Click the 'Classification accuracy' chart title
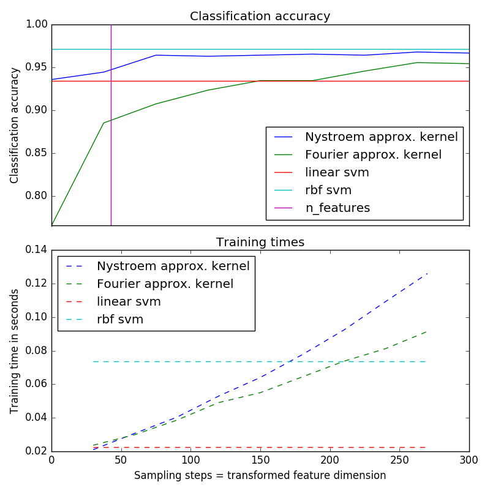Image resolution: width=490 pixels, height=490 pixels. pyautogui.click(x=260, y=17)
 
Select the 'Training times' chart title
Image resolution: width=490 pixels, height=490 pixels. pyautogui.click(x=260, y=242)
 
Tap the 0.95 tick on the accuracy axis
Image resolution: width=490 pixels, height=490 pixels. pyautogui.click(x=36, y=67)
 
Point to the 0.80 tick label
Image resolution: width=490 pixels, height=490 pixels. pyautogui.click(x=36, y=197)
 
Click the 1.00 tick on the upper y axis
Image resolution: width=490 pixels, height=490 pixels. pyautogui.click(x=36, y=24)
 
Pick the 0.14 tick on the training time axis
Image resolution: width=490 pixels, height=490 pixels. pyautogui.click(x=36, y=250)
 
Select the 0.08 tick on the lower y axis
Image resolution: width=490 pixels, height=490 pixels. pyautogui.click(x=36, y=351)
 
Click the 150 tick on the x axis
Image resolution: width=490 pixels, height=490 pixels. pyautogui.click(x=260, y=460)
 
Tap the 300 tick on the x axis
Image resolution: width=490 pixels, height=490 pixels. pyautogui.click(x=469, y=460)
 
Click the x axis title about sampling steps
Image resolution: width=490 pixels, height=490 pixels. pyautogui.click(x=260, y=475)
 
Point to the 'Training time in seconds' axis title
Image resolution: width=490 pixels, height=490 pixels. pyautogui.click(x=15, y=350)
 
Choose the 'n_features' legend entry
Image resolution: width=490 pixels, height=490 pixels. pyautogui.click(x=337, y=208)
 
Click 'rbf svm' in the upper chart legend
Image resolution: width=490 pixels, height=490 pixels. pyautogui.click(x=328, y=190)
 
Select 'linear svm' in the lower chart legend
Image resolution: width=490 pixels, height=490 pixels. pyautogui.click(x=129, y=301)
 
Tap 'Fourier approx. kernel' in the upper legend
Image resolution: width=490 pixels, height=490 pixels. pyautogui.click(x=373, y=155)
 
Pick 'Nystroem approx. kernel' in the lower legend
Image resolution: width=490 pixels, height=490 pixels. pyautogui.click(x=173, y=266)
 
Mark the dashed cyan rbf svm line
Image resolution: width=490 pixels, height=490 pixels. pyautogui.click(x=257, y=361)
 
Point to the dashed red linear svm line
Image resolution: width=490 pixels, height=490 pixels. pyautogui.click(x=257, y=447)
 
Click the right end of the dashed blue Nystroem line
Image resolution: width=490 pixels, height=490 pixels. pyautogui.click(x=426, y=274)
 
